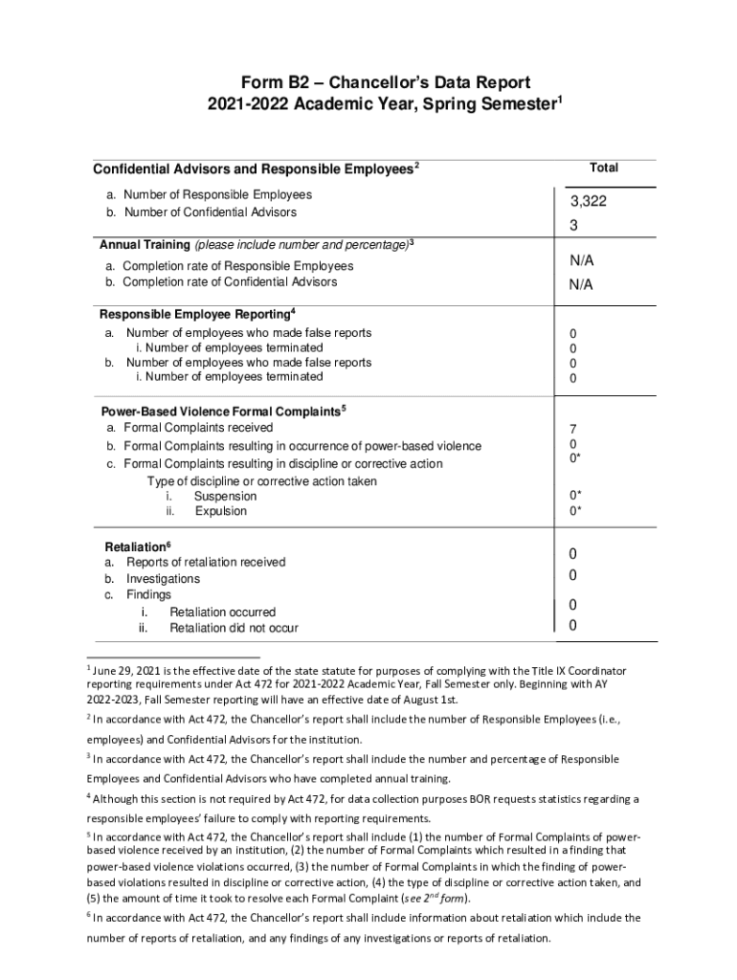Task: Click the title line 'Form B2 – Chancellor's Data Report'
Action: (368, 82)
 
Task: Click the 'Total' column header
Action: (603, 167)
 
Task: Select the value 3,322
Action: (589, 202)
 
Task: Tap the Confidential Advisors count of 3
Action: (574, 226)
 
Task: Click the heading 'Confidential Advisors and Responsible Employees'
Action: (253, 170)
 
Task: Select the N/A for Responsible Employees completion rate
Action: (581, 260)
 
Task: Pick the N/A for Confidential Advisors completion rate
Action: (581, 284)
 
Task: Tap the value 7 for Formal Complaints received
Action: (573, 429)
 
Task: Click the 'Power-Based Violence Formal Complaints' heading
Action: (220, 412)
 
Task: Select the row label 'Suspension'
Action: (225, 497)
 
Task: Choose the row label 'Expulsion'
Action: (221, 511)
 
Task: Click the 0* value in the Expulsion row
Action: (575, 511)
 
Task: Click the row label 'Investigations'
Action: (164, 579)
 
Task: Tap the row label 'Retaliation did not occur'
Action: (234, 628)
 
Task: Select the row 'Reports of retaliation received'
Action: (206, 562)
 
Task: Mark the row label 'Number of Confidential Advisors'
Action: (211, 212)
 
